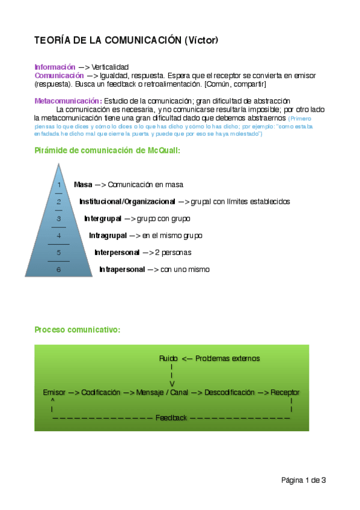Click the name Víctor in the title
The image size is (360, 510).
(x=201, y=40)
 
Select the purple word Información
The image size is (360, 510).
(x=55, y=67)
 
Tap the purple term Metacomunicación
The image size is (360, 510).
(x=68, y=100)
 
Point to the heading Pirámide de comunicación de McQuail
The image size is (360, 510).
(x=107, y=150)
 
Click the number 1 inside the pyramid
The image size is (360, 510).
(x=59, y=185)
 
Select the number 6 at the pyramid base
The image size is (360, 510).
(x=58, y=269)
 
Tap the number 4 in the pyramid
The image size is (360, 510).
(x=58, y=236)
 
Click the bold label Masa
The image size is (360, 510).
(x=83, y=185)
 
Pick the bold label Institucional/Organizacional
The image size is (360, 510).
(x=127, y=201)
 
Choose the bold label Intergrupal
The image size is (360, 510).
(x=103, y=218)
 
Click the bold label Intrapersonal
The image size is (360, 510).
(x=122, y=269)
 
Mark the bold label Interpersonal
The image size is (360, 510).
(x=117, y=253)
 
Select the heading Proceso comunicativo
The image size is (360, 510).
(x=77, y=330)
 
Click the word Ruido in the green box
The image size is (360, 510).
(x=169, y=358)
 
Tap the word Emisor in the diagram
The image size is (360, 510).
(x=54, y=392)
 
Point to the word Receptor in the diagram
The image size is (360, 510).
(x=285, y=392)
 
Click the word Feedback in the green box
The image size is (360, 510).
(x=171, y=417)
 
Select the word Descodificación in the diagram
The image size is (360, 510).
(x=230, y=392)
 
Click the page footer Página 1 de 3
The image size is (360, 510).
(x=304, y=480)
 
